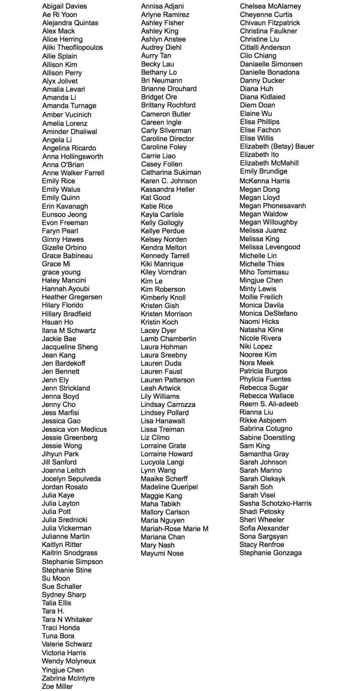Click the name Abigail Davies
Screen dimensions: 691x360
pyautogui.click(x=64, y=6)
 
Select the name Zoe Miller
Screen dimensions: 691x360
pyautogui.click(x=57, y=686)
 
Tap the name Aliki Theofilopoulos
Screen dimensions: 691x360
pyautogui.click(x=73, y=47)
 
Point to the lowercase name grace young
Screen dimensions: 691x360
pyautogui.click(x=61, y=272)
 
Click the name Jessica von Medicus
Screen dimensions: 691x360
pyautogui.click(x=74, y=429)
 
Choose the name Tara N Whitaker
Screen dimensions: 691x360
pyautogui.click(x=67, y=619)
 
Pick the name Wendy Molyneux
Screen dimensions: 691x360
pyautogui.click(x=68, y=661)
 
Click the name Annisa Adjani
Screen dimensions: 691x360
pyautogui.click(x=162, y=6)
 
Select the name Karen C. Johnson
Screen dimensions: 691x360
pyautogui.click(x=169, y=181)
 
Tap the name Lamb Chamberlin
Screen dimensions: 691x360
pyautogui.click(x=168, y=338)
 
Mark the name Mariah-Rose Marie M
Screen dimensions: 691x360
pyautogui.click(x=174, y=529)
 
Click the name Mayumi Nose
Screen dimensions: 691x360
pyautogui.click(x=162, y=554)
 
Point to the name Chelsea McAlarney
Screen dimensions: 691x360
pyautogui.click(x=270, y=6)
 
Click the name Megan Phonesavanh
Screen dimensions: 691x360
pyautogui.click(x=272, y=205)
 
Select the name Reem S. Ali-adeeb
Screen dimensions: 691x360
pyautogui.click(x=269, y=404)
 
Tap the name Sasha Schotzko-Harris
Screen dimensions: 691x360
pyautogui.click(x=275, y=503)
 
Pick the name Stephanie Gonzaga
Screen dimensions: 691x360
pyautogui.click(x=271, y=553)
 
